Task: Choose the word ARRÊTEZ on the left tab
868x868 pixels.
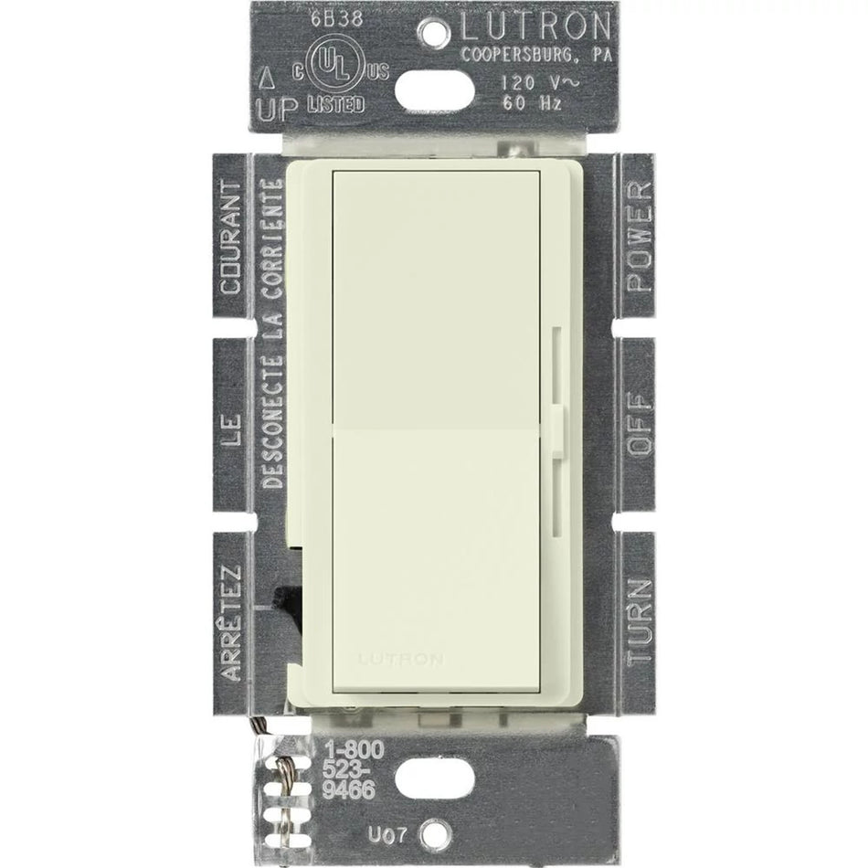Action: point(231,621)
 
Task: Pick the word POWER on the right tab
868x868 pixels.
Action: point(640,235)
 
